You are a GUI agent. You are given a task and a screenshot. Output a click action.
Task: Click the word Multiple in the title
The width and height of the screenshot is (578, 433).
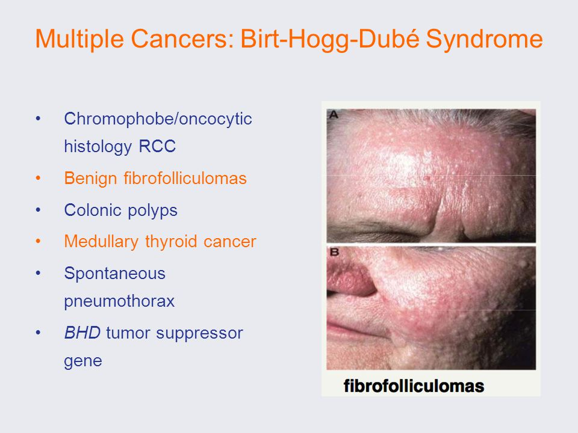[79, 40]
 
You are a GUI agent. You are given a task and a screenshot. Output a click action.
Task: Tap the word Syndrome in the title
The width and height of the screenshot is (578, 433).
[484, 40]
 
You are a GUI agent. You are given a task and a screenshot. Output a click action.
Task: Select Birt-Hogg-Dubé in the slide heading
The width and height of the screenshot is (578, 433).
[331, 40]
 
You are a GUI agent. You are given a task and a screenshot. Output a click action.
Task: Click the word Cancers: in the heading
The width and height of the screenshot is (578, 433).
[182, 38]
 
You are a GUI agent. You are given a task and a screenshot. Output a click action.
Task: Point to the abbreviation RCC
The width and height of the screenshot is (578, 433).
[157, 147]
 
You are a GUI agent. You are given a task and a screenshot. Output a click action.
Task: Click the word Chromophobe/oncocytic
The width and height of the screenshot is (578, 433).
[158, 119]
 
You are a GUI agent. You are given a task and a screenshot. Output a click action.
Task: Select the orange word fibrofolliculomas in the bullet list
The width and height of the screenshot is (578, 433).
[185, 178]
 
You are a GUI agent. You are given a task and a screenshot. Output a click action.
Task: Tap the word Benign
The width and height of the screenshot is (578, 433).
[90, 179]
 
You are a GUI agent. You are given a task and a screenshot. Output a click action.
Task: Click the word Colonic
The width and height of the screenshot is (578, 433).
[93, 210]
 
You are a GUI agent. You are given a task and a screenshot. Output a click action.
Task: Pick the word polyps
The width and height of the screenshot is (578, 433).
[152, 211]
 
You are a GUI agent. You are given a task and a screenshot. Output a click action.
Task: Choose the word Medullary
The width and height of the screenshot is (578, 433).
[101, 242]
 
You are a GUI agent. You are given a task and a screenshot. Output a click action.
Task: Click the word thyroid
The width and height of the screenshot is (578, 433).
[171, 242]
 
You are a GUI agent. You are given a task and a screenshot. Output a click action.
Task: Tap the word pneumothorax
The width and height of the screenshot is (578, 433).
[119, 301]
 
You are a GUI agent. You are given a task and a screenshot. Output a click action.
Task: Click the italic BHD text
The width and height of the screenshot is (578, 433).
[82, 333]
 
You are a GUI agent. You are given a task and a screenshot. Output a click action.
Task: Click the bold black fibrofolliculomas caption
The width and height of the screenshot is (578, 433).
[414, 386]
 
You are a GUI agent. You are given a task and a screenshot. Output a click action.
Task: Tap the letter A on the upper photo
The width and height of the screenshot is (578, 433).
[334, 115]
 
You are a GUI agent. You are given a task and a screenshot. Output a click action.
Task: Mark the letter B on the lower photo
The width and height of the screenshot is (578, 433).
[334, 252]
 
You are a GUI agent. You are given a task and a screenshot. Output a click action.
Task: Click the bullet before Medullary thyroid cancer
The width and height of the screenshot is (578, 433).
[38, 242]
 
